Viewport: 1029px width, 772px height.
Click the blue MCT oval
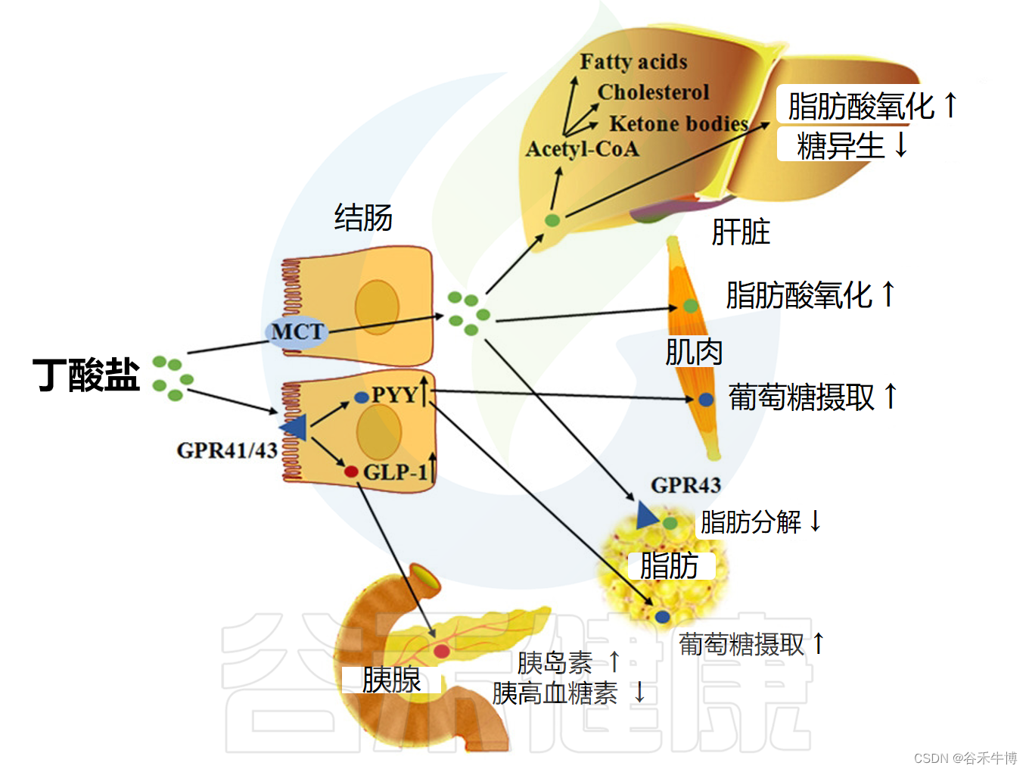click(x=297, y=332)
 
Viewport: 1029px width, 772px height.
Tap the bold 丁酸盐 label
click(x=86, y=375)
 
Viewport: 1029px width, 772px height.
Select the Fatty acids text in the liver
click(x=633, y=62)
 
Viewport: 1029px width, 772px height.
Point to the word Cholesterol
click(x=653, y=92)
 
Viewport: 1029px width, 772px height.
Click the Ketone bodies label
click(x=678, y=123)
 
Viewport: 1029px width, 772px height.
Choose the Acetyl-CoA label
click(x=582, y=149)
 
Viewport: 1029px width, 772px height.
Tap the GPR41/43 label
click(x=226, y=450)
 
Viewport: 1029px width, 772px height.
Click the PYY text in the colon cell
click(x=394, y=395)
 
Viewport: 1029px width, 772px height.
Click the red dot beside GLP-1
click(x=351, y=472)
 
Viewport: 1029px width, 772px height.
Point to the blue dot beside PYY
click(x=361, y=397)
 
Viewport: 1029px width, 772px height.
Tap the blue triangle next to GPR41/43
click(x=294, y=428)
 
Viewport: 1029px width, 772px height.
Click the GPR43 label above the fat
click(x=685, y=485)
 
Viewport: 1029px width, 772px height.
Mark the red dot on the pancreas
click(x=441, y=650)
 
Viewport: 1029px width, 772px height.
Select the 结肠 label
click(x=363, y=218)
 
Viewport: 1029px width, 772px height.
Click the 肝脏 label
click(x=740, y=232)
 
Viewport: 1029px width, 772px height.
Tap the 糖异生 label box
click(x=841, y=145)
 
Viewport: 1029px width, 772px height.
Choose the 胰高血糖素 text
click(x=555, y=693)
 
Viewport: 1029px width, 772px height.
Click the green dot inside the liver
click(x=553, y=220)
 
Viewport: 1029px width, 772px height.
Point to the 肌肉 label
click(x=694, y=352)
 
